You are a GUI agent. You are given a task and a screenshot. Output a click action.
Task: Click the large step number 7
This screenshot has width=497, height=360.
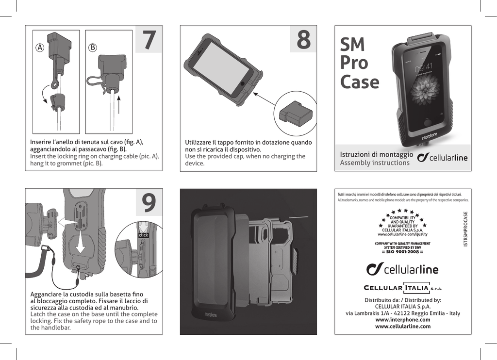[149, 41]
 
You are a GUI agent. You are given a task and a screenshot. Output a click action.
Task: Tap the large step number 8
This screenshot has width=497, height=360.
[303, 40]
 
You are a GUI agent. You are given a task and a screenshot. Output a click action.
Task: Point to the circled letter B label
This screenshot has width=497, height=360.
[93, 48]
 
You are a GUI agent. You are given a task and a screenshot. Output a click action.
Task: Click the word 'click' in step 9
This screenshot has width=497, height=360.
[143, 235]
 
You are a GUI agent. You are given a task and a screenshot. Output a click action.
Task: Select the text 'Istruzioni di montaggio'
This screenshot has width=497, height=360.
[377, 154]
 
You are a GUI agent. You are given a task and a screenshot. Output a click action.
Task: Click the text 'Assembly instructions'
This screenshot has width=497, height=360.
[374, 163]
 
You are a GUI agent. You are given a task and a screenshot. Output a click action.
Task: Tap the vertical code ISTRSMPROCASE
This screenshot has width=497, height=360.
[466, 229]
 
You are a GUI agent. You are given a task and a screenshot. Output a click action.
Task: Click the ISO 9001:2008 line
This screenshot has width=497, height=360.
[402, 252]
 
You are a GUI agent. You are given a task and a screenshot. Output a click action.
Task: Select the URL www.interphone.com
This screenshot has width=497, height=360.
[403, 320]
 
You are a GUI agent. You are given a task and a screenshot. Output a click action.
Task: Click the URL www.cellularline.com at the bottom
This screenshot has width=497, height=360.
[403, 327]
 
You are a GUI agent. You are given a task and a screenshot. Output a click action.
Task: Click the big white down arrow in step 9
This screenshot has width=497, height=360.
[80, 241]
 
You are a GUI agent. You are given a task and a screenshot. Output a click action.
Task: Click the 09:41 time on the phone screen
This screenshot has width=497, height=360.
[424, 67]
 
